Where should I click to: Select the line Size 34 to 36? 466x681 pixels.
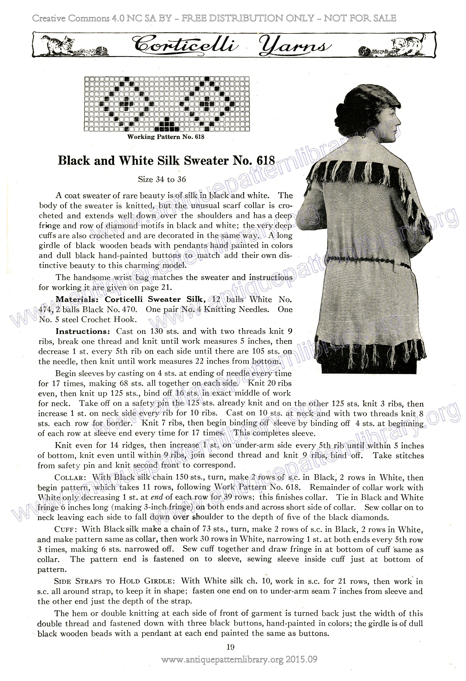pyautogui.click(x=162, y=179)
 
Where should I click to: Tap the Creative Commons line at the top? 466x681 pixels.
pyautogui.click(x=214, y=18)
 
